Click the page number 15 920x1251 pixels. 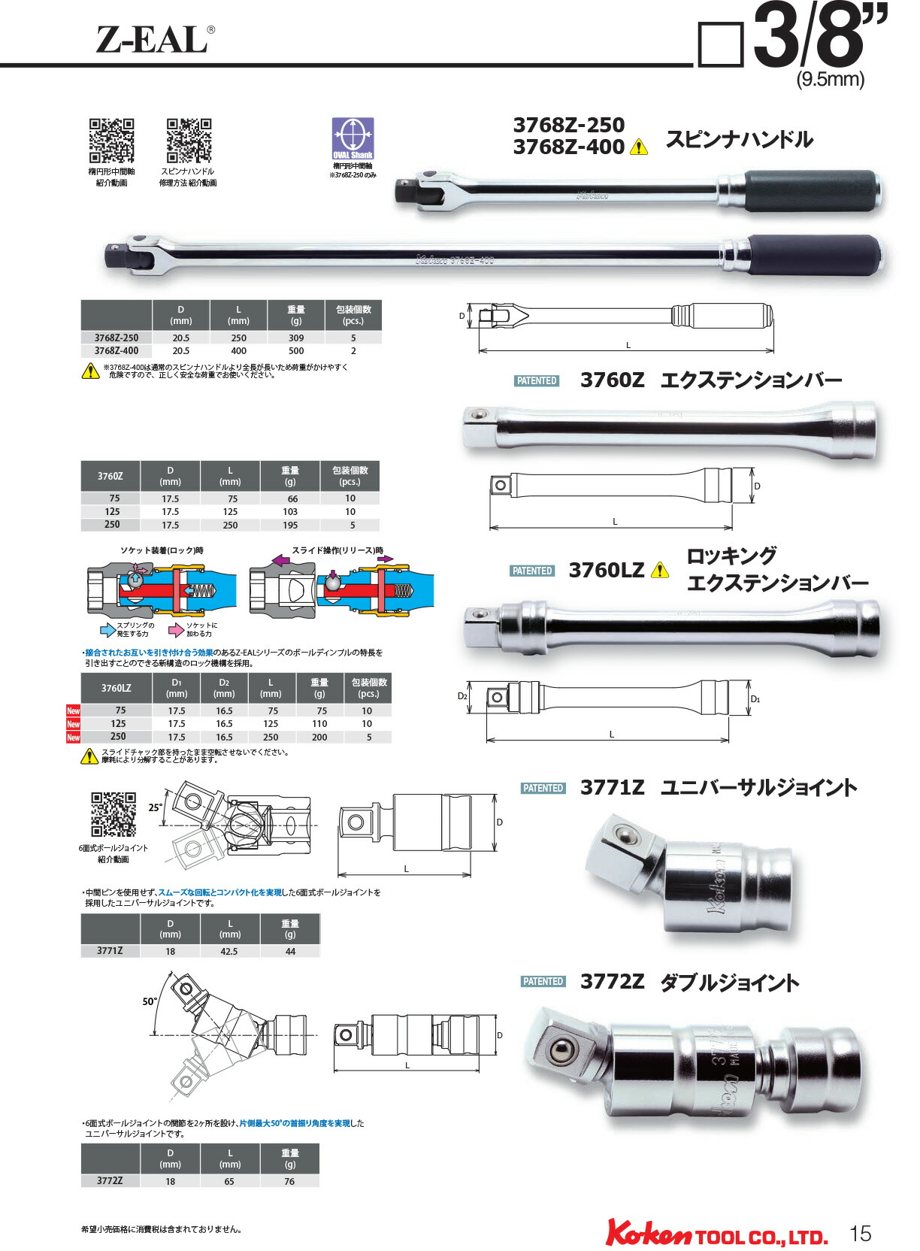click(860, 1233)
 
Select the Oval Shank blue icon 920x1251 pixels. click(353, 138)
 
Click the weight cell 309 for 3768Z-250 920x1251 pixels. click(296, 338)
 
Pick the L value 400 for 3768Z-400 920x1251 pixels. click(238, 351)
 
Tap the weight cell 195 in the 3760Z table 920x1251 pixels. click(290, 526)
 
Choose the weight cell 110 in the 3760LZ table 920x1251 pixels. click(319, 724)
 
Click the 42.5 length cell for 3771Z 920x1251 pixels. click(229, 952)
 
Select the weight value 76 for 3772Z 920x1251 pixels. click(289, 1182)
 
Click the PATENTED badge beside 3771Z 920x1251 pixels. click(543, 789)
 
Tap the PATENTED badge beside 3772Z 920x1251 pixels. click(543, 982)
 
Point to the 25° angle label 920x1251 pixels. click(155, 807)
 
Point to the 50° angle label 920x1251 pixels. click(150, 1001)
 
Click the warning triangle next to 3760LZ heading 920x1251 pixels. click(659, 571)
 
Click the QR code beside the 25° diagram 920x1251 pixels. click(113, 814)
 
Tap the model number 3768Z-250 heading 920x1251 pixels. click(568, 125)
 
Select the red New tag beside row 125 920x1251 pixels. click(73, 724)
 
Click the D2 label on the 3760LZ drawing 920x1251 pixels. click(462, 696)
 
